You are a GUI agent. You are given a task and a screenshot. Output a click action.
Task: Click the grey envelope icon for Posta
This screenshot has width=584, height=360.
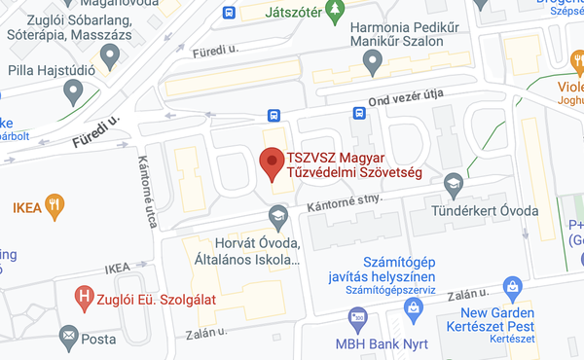[x=69, y=338]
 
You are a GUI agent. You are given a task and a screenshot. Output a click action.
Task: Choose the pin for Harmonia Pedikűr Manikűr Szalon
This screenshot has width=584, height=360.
[x=371, y=63]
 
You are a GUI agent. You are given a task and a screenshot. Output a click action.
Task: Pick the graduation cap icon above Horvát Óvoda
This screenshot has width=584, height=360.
[x=278, y=215]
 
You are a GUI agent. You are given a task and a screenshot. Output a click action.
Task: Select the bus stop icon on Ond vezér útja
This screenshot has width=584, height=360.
[x=359, y=113]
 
